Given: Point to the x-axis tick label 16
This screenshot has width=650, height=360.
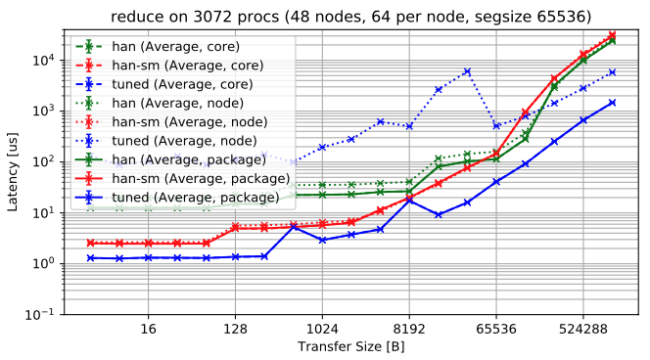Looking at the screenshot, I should point(148,330).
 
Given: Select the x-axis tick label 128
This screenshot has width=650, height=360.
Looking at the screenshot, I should point(235,330).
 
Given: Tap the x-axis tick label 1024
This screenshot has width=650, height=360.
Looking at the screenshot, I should point(322,330).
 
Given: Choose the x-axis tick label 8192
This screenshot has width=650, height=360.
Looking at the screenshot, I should point(409,330).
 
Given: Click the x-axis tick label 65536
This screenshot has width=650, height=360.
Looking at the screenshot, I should point(496,330).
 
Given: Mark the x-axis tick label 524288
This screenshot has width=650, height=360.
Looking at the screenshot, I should point(583,330).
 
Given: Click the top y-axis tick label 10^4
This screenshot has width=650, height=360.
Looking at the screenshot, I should point(43,60).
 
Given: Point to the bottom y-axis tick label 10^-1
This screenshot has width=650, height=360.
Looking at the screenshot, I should point(43,315).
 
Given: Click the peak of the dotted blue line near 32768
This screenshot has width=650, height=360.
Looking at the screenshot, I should point(467,71).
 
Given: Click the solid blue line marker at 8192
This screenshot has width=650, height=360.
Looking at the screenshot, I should point(409,200).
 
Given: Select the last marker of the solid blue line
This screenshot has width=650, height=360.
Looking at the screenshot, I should point(613,102).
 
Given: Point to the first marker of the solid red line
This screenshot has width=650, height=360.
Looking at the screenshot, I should point(91,243).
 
